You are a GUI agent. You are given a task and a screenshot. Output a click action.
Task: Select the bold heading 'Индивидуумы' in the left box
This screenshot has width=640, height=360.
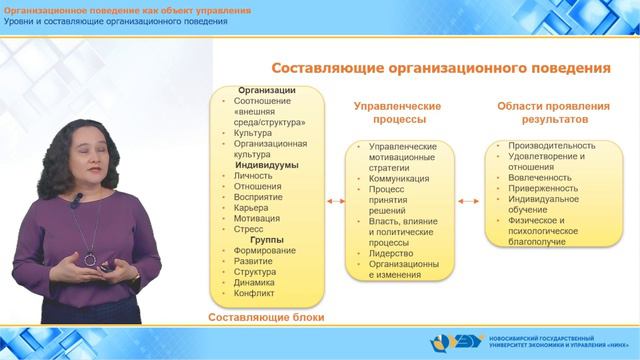(267, 165)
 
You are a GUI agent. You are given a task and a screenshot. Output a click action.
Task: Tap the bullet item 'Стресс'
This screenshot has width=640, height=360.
(249, 229)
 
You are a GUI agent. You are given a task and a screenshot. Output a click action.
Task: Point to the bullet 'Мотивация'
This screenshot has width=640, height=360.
(256, 218)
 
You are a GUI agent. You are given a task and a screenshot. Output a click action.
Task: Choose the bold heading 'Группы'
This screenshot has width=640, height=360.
(267, 240)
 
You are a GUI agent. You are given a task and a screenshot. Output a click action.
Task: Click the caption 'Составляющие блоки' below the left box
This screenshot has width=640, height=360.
(267, 318)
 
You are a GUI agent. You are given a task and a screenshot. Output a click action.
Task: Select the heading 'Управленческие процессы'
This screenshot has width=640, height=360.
(399, 111)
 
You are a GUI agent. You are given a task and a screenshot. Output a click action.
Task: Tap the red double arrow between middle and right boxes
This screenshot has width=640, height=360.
(471, 200)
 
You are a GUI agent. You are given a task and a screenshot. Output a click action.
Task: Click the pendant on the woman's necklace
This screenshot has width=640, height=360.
(90, 259)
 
